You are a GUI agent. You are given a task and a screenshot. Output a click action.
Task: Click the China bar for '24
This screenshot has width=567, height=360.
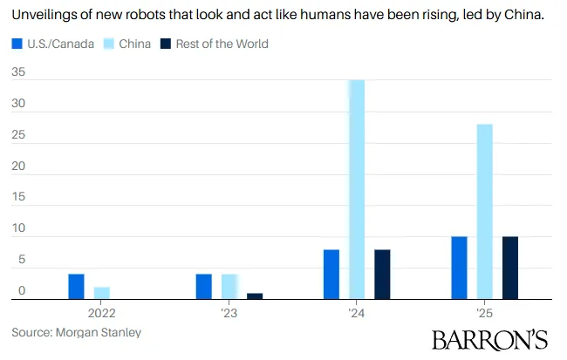click(357, 189)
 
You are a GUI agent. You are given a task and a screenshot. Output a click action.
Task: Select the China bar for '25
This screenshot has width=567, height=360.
click(484, 212)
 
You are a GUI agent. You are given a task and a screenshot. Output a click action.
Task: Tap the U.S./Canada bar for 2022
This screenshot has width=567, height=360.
click(76, 287)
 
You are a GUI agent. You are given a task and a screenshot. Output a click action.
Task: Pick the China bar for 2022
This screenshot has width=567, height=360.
click(101, 293)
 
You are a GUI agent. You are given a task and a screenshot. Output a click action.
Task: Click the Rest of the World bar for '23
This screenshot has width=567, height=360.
click(255, 296)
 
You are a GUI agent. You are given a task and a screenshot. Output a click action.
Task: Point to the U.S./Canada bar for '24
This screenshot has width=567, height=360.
click(331, 275)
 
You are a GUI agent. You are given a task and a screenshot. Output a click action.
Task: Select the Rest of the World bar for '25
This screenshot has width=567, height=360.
click(510, 268)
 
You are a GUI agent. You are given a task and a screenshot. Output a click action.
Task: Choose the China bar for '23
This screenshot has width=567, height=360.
click(229, 287)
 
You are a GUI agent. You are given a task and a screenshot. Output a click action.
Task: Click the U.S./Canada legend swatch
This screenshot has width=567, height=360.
click(17, 44)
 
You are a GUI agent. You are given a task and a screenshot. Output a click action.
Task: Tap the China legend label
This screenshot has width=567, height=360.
click(134, 44)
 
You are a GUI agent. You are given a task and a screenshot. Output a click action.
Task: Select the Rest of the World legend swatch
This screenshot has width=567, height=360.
click(166, 44)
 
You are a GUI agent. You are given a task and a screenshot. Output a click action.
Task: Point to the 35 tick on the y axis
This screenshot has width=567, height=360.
click(18, 72)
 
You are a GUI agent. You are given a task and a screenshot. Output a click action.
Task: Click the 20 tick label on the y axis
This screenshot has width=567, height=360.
click(18, 166)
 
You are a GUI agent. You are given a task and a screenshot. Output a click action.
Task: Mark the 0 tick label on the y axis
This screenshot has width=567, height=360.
click(22, 290)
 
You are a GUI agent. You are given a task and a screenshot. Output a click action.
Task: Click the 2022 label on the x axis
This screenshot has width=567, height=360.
click(101, 313)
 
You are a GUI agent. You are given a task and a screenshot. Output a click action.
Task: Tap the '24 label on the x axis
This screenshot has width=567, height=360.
click(357, 313)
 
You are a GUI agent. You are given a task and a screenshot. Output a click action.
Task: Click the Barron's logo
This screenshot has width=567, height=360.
click(490, 340)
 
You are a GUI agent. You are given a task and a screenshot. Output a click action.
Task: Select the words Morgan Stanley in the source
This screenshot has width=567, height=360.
click(99, 332)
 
